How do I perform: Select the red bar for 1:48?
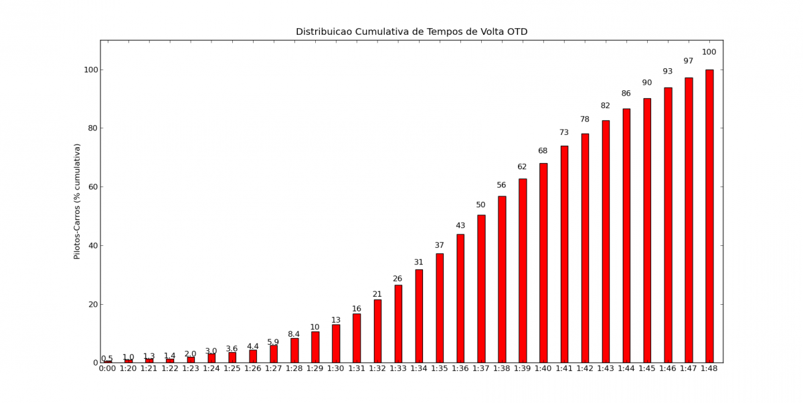click(709, 216)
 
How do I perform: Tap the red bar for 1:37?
click(481, 289)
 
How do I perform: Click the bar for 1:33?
click(398, 323)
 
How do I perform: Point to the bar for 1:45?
click(647, 231)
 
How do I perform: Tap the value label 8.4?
click(294, 334)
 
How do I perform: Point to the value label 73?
click(564, 132)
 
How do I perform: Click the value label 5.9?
click(274, 342)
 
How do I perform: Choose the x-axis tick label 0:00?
click(108, 368)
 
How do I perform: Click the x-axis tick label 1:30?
click(336, 368)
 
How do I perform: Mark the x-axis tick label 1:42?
click(585, 368)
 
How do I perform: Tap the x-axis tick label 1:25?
click(232, 368)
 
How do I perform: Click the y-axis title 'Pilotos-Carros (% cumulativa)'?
click(77, 201)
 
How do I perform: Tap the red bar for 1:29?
click(315, 347)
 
